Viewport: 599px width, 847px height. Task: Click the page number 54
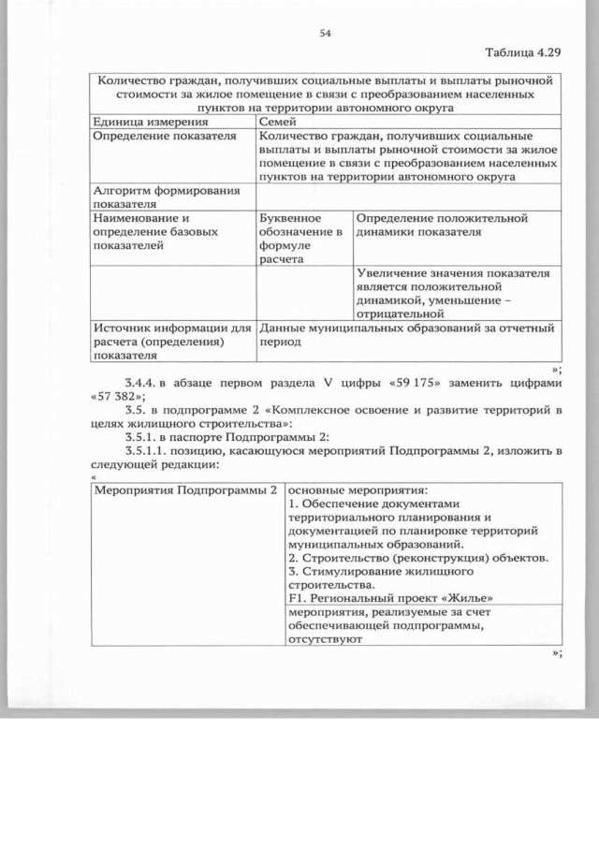pos(326,33)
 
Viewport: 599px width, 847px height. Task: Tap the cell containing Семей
pos(278,123)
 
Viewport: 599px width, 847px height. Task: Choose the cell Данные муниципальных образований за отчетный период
pos(408,335)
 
